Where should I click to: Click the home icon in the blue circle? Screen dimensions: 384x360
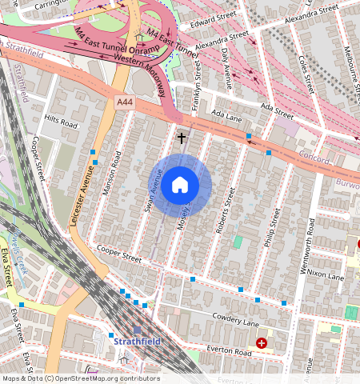click(180, 186)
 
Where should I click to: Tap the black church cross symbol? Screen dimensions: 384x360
click(182, 138)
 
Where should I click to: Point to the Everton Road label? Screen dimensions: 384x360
click(229, 350)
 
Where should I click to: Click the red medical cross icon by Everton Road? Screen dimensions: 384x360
click(262, 343)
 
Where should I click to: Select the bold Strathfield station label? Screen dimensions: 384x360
click(138, 342)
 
